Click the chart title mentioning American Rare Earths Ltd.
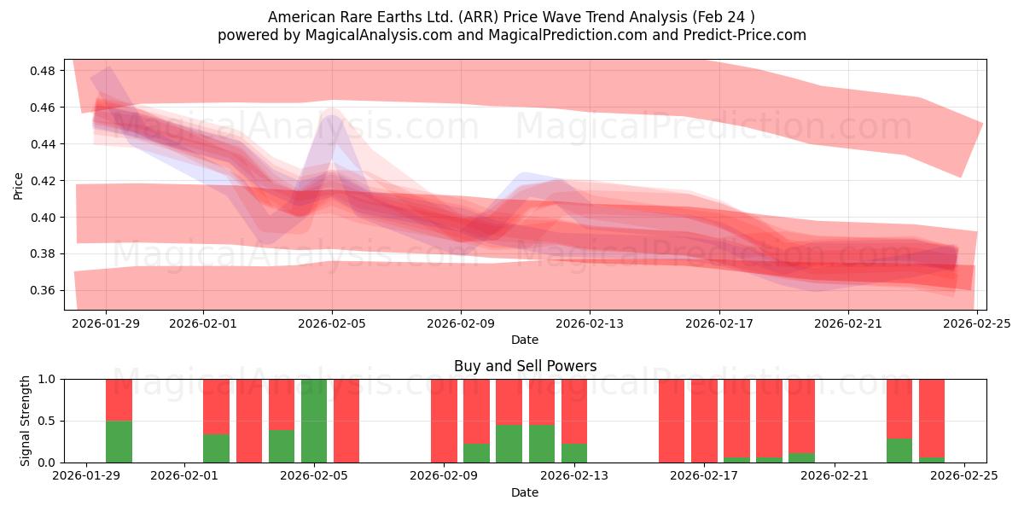tap(511, 17)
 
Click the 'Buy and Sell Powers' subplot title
tap(525, 366)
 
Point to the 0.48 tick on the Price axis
tap(42, 71)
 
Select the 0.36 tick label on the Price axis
tap(42, 291)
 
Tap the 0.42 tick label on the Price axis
tap(42, 181)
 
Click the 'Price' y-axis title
tap(19, 184)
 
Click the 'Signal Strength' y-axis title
tap(26, 421)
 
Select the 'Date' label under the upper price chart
tap(525, 340)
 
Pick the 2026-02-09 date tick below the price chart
tap(461, 323)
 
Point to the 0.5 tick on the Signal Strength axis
tap(49, 422)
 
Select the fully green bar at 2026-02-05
tap(314, 421)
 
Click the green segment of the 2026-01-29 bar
tap(119, 441)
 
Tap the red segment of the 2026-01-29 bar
tap(119, 399)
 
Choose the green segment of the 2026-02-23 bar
tap(899, 451)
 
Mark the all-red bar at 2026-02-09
tap(444, 421)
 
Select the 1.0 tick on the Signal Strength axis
tap(49, 379)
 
